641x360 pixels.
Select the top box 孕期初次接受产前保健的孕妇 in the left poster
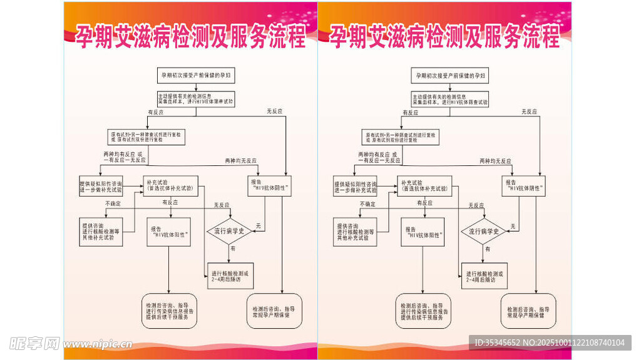tap(190, 76)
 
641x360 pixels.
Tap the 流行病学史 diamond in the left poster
tap(228, 231)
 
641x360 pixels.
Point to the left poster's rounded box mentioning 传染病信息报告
tap(170, 311)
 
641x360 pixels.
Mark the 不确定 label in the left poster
tap(113, 204)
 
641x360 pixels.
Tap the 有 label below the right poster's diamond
tap(488, 249)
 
